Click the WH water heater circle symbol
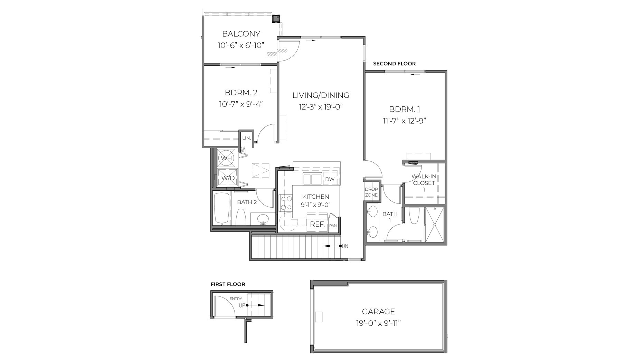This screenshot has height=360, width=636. [227, 158]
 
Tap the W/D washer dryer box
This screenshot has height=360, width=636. [228, 178]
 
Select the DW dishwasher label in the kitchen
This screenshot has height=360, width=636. [330, 179]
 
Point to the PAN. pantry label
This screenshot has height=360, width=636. [333, 226]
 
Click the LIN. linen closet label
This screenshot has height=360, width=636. [246, 138]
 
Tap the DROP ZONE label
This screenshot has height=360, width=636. [371, 192]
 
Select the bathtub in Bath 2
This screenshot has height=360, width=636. [220, 208]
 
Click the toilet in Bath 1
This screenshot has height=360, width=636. [414, 216]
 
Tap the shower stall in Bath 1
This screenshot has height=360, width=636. [434, 224]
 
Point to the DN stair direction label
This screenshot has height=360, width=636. [345, 246]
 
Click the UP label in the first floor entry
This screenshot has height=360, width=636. [242, 305]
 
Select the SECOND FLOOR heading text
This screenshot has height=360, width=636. [394, 64]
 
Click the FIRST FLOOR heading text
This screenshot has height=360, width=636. [228, 284]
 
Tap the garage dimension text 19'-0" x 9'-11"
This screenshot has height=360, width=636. [378, 324]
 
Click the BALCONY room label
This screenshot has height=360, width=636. [241, 34]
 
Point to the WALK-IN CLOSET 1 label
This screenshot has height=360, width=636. [424, 183]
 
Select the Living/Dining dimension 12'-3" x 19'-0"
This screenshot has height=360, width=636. [321, 107]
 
